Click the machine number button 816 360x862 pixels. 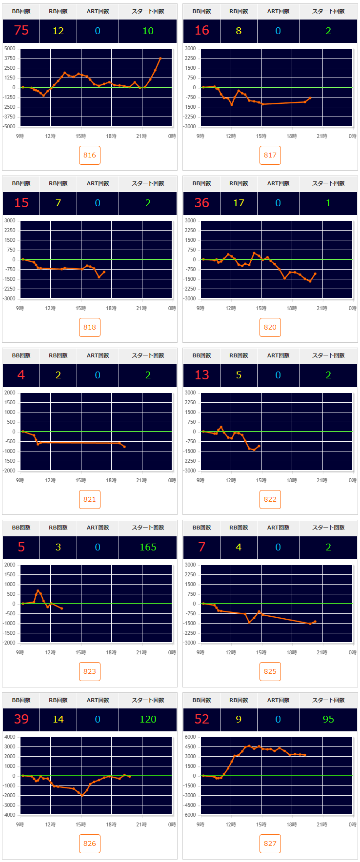point(90,155)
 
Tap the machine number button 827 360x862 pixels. point(270,843)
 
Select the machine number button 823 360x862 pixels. point(90,671)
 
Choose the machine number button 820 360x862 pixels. point(270,327)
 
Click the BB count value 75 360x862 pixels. point(21,31)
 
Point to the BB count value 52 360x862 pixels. point(202,719)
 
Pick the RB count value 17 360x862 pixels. point(239,203)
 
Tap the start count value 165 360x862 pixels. point(148,547)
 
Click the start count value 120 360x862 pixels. point(148,719)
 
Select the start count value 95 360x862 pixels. point(328,719)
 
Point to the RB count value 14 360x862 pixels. point(58,719)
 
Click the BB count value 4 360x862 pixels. point(21,375)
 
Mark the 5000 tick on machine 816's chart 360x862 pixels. point(10,49)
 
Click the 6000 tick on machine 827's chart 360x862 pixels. point(190,737)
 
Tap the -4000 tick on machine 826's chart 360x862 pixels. point(10,815)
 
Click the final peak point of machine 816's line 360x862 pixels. point(160,59)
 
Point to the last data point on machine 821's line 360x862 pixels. point(124,447)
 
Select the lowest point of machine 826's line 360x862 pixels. point(82,796)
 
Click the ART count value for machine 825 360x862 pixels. point(278,547)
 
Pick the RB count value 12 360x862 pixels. point(58,31)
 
